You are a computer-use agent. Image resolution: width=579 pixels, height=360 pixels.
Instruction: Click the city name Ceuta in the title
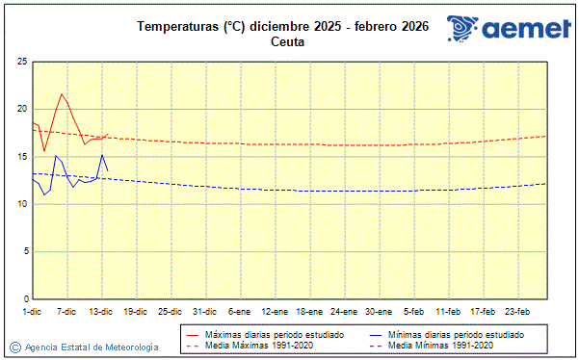pos(289,41)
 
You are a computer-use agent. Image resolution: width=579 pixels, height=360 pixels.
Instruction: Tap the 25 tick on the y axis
pos(21,62)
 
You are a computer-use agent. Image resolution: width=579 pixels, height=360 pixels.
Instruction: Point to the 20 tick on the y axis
pos(21,109)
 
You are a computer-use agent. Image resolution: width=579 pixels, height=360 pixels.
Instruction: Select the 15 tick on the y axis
pos(21,156)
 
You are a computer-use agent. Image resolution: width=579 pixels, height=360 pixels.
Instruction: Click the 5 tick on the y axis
pos(24,251)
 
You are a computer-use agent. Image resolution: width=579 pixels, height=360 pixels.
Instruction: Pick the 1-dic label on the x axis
pos(32,312)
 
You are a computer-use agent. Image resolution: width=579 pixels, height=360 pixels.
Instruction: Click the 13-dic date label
pos(101,312)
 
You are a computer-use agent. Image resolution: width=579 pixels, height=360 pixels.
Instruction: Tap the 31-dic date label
pos(204,312)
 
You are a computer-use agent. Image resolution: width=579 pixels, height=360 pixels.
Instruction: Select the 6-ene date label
pos(239,312)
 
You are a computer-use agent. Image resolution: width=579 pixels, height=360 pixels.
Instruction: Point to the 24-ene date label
pos(343,312)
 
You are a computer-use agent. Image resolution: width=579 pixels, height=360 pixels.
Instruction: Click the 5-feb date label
pos(414,312)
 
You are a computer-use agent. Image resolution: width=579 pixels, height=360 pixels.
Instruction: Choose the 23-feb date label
pos(517,312)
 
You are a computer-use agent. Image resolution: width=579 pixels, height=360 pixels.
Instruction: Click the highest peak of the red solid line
pos(62,93)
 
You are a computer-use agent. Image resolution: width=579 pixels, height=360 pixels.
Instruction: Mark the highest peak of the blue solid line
pos(102,154)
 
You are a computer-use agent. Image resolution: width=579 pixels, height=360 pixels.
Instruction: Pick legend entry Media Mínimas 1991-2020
pos(442,345)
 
